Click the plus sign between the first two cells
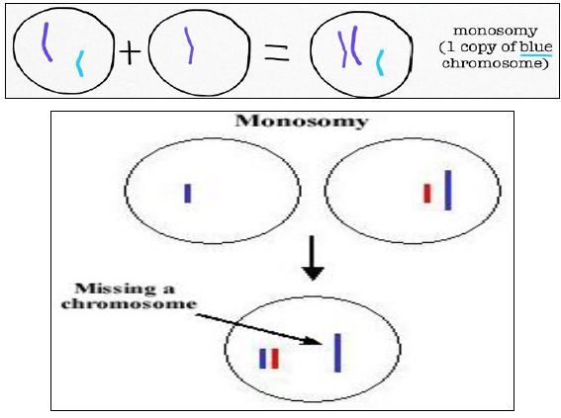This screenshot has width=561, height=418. point(131,51)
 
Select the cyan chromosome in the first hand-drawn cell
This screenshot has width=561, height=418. point(80,63)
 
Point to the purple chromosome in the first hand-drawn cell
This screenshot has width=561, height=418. point(47,42)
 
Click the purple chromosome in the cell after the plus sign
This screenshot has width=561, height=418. point(190,45)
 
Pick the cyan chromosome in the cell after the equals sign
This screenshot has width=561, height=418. point(380,62)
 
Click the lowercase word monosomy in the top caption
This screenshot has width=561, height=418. point(495,31)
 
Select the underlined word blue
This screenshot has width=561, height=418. point(536,46)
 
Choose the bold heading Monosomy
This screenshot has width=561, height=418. point(302,121)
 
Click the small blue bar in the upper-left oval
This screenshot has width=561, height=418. point(187,194)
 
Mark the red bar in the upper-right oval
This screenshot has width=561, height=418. point(426,194)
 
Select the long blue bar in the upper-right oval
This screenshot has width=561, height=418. point(448,190)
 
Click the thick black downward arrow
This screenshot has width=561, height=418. point(313,258)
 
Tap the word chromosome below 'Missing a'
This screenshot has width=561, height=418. point(130,303)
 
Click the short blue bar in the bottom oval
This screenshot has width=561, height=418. point(262,359)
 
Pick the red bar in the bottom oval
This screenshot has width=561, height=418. point(275,359)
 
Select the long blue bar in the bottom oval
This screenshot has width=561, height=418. point(337,353)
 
